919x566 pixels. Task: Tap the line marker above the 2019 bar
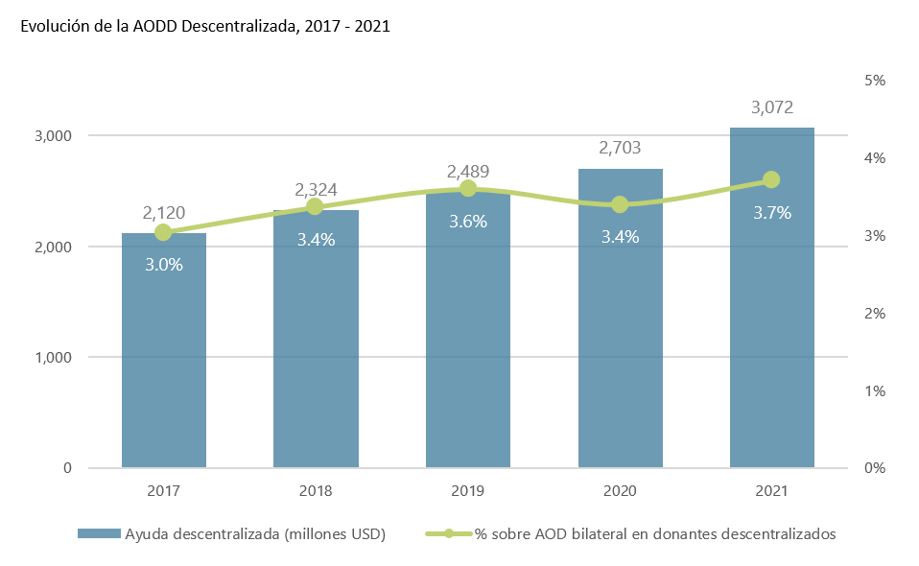pos(468,189)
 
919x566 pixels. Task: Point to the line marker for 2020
pos(620,204)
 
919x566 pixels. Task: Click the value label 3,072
pos(772,107)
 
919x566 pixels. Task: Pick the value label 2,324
pos(316,190)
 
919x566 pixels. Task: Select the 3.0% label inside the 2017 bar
pos(164,264)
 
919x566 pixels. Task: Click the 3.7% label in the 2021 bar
pos(772,213)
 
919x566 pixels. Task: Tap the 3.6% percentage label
pos(468,222)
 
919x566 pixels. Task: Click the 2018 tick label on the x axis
pos(316,491)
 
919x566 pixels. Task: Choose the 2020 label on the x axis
pos(620,491)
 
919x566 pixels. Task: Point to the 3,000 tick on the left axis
pos(55,136)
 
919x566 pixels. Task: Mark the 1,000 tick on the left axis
pos(55,358)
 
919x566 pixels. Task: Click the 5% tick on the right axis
pos(874,81)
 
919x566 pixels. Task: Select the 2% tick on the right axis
pos(874,314)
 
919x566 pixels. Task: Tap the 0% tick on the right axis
pos(874,468)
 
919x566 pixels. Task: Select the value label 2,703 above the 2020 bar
pos(620,148)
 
